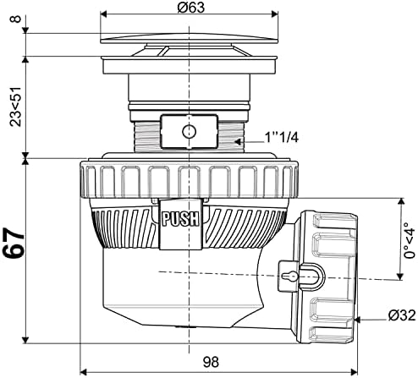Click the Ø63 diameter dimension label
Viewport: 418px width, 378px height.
191,8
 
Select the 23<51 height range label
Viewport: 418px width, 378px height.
15,107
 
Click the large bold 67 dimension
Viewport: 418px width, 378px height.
14,244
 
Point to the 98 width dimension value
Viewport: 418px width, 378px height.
211,362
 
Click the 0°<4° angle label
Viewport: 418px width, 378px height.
410,240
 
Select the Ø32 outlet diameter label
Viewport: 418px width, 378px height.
402,315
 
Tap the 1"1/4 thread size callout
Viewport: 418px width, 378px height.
281,138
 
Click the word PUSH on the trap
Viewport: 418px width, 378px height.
180,219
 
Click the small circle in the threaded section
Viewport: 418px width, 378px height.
189,131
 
